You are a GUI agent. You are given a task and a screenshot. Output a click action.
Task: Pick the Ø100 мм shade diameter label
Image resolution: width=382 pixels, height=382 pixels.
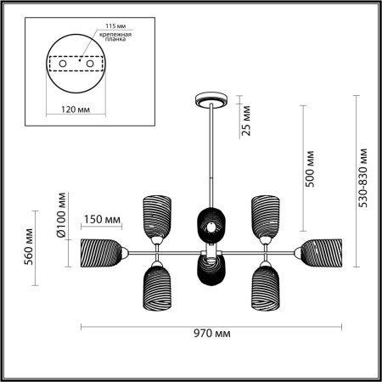[x=61, y=216]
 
